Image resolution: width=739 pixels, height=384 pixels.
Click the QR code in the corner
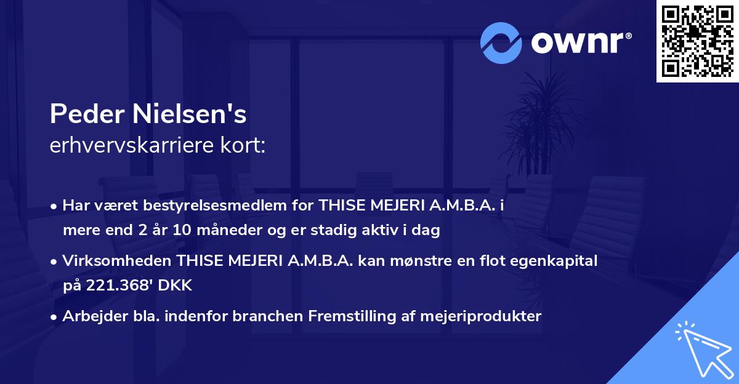coord(697,41)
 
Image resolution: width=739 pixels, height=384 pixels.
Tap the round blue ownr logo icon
coord(501,42)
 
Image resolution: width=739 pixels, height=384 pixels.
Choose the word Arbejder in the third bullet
coord(88,316)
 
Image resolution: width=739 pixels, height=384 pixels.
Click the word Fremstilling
coord(346,316)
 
